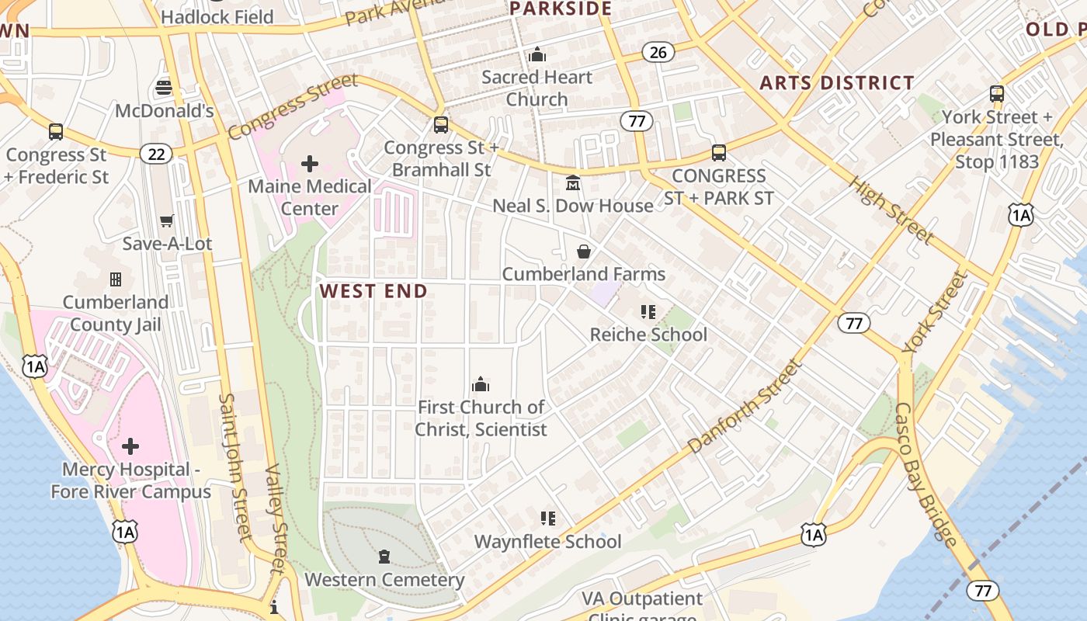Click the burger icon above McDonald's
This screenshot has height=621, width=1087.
163,87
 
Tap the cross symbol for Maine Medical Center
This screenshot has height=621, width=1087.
309,163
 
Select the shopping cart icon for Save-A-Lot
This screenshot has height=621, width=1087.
166,221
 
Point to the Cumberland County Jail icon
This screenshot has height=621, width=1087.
116,279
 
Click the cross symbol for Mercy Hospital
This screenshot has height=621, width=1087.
130,446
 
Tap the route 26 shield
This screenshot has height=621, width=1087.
658,52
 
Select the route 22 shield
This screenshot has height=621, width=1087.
156,154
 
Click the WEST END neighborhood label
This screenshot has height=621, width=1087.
373,291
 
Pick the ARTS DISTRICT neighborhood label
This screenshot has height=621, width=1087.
836,82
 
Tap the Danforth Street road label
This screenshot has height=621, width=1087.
743,406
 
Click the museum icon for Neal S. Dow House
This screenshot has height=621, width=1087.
573,183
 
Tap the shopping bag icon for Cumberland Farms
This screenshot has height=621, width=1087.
583,252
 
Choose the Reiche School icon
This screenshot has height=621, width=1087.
648,312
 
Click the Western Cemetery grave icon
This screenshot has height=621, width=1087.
384,557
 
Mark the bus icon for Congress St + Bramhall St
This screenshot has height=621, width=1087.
440,125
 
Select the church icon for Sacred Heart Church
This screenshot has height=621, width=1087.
537,55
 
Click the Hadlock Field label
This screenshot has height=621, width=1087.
217,16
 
